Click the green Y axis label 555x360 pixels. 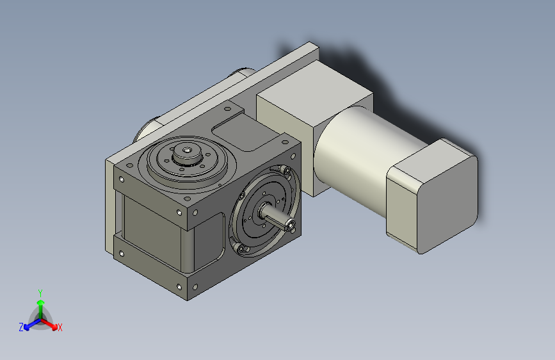pyautogui.click(x=40, y=291)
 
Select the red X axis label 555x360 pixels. pyautogui.click(x=60, y=327)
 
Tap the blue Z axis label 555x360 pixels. pyautogui.click(x=20, y=327)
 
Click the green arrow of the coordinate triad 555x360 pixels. pyautogui.click(x=40, y=304)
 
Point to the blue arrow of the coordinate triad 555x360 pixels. pyautogui.click(x=29, y=324)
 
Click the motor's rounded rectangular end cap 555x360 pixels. pyautogui.click(x=435, y=195)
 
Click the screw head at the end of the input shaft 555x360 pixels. pyautogui.click(x=291, y=225)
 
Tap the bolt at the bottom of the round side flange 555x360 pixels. pyautogui.click(x=239, y=248)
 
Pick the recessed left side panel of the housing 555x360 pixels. pyautogui.click(x=150, y=224)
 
